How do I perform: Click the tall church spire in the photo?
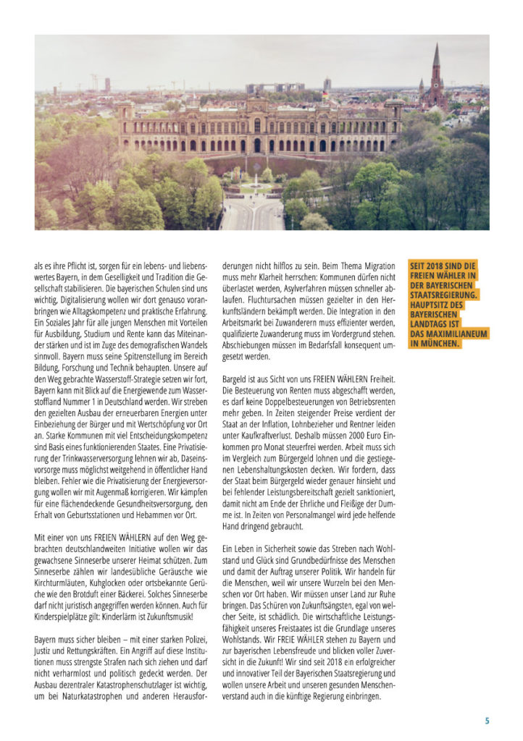tap(436, 72)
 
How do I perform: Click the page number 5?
tap(488, 720)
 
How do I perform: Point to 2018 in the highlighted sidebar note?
tap(435, 266)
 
